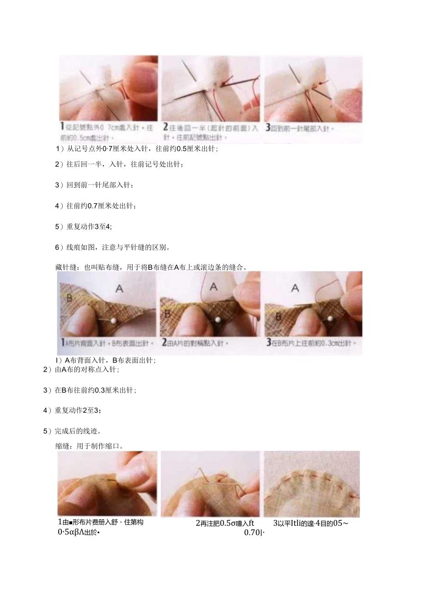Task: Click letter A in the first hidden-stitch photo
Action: (x=119, y=288)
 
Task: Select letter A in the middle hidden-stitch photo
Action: (x=213, y=286)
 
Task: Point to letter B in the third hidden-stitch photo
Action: (x=279, y=317)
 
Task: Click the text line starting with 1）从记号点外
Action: (x=137, y=149)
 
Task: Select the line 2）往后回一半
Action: (x=119, y=164)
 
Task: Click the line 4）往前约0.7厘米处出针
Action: (x=96, y=206)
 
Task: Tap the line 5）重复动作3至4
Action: (x=84, y=226)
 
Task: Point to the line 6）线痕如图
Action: (x=113, y=247)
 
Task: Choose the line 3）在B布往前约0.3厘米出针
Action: (x=90, y=390)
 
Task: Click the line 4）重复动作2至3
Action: (x=73, y=410)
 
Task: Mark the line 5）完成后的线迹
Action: (x=72, y=431)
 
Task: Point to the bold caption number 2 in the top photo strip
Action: (x=165, y=128)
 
